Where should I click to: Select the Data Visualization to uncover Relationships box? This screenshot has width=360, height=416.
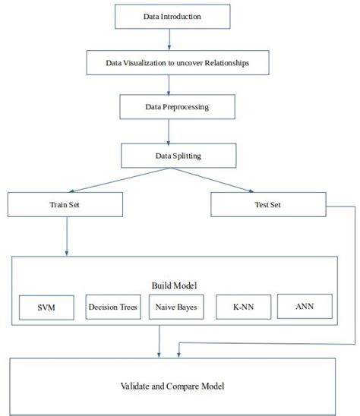coord(177,63)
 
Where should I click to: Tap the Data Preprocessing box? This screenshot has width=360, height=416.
coord(176,107)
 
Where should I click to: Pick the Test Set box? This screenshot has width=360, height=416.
coord(267,204)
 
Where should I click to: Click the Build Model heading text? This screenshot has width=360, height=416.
coord(175,285)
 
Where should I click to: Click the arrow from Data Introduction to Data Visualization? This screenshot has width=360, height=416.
coord(169,39)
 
